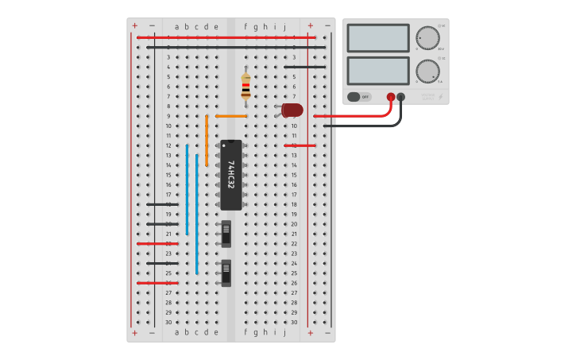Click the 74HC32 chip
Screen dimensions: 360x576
230,175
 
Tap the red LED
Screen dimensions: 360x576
292,110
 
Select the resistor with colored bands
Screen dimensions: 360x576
245,86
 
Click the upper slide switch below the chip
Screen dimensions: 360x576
226,233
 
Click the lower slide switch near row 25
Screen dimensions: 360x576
226,273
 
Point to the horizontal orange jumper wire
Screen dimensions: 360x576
230,116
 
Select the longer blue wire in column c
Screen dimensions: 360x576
197,215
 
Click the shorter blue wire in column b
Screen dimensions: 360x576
187,190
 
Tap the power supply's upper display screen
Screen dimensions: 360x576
378,38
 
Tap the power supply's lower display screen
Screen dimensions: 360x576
378,71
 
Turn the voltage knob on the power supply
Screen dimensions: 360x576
427,38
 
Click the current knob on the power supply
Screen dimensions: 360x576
427,72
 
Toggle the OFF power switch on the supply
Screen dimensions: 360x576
359,97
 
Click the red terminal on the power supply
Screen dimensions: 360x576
391,97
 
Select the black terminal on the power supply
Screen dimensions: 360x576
401,97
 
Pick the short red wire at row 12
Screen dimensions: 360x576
300,145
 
